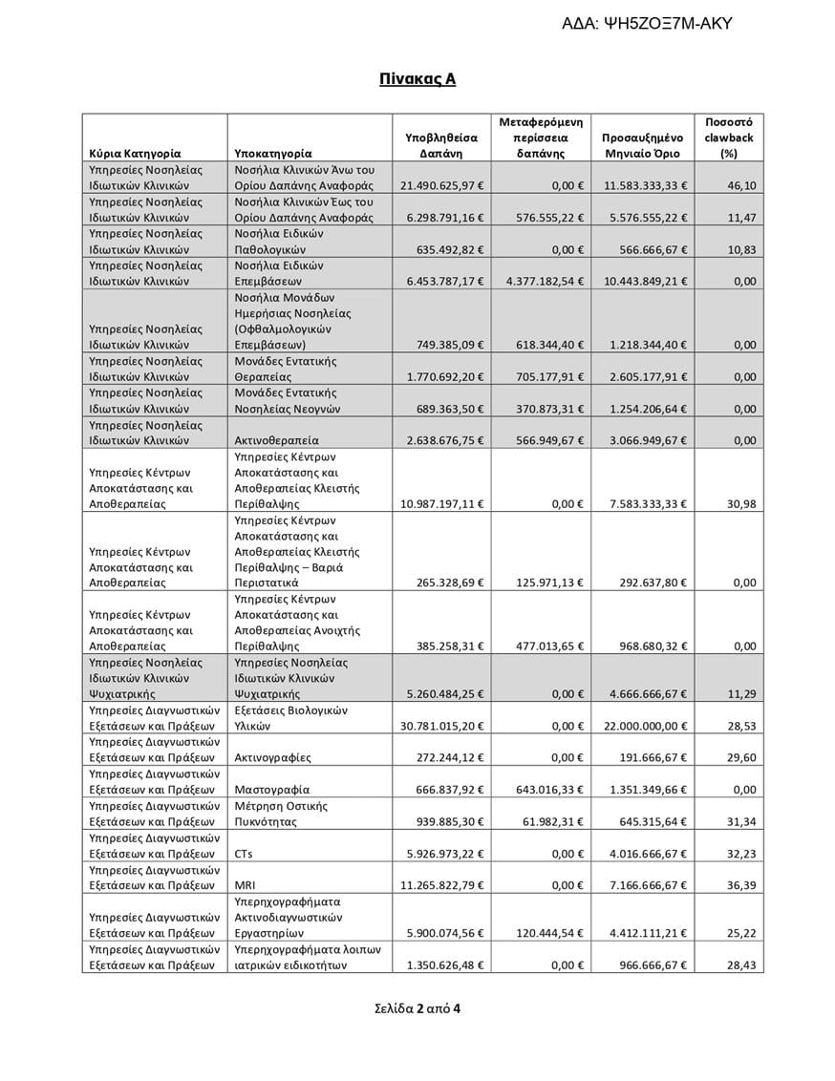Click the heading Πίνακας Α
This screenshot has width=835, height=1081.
coord(417,79)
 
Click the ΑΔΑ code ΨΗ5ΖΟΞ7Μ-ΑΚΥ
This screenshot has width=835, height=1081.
coord(647,24)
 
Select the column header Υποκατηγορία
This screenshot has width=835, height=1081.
coord(272,153)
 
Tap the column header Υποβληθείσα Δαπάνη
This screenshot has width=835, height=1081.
coord(440,145)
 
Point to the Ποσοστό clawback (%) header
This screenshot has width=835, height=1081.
coord(728,138)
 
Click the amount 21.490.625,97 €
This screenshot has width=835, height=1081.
coord(442,185)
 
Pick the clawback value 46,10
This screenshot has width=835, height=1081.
coord(741,185)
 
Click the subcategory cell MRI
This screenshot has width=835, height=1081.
coord(245,885)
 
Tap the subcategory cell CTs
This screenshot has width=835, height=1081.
coord(244,853)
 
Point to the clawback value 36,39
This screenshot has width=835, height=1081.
coord(741,885)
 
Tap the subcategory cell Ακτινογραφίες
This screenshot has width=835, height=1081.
coord(272,757)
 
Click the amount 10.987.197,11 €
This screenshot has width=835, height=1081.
coord(442,503)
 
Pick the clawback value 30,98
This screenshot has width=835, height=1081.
coord(741,503)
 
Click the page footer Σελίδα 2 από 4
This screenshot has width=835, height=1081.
coord(417,1007)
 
